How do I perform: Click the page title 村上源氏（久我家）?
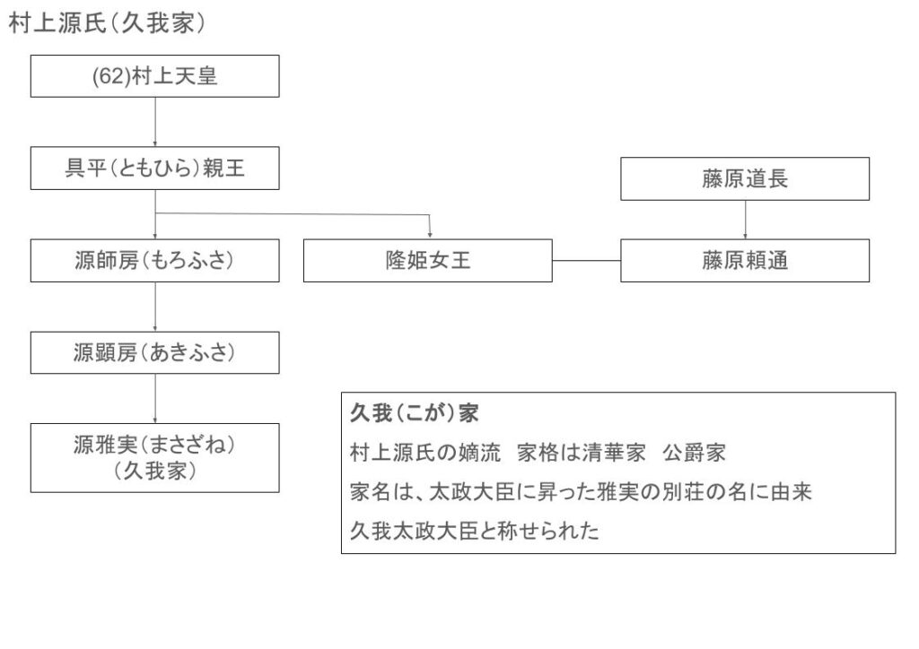coord(107,23)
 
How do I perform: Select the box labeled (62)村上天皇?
coord(154,76)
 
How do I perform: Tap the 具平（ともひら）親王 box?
coord(154,168)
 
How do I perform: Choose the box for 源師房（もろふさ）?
coord(154,261)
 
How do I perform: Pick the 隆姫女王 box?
coord(428,261)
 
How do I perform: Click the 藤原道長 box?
coord(745,178)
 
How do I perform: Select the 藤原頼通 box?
coord(745,261)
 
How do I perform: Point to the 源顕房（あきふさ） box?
coord(154,352)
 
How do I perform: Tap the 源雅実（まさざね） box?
coord(154,458)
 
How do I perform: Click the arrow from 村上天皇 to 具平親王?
coord(155,122)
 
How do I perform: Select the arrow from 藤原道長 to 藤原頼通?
coord(745,220)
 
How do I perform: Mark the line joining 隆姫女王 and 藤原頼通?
coord(587,261)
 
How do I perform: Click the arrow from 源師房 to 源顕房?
coord(155,307)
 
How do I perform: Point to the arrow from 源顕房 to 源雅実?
coord(155,399)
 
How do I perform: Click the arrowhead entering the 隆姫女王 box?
coord(430,235)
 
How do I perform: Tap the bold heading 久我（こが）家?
coord(415,413)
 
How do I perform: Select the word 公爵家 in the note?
coord(695,453)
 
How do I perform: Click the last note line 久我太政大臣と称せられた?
coord(475,531)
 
